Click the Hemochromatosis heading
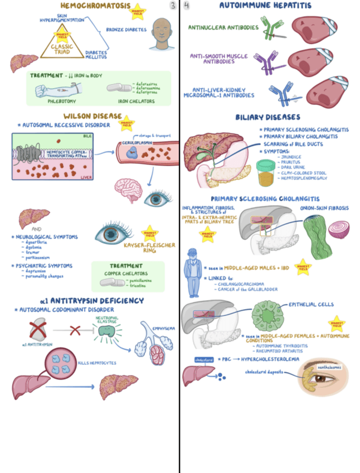(x=91, y=6)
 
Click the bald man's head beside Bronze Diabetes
(x=162, y=31)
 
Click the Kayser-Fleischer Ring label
(x=151, y=248)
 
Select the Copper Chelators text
(x=127, y=273)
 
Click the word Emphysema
(x=163, y=329)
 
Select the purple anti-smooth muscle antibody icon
(x=267, y=61)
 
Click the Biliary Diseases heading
(x=268, y=118)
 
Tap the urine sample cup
(x=263, y=171)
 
